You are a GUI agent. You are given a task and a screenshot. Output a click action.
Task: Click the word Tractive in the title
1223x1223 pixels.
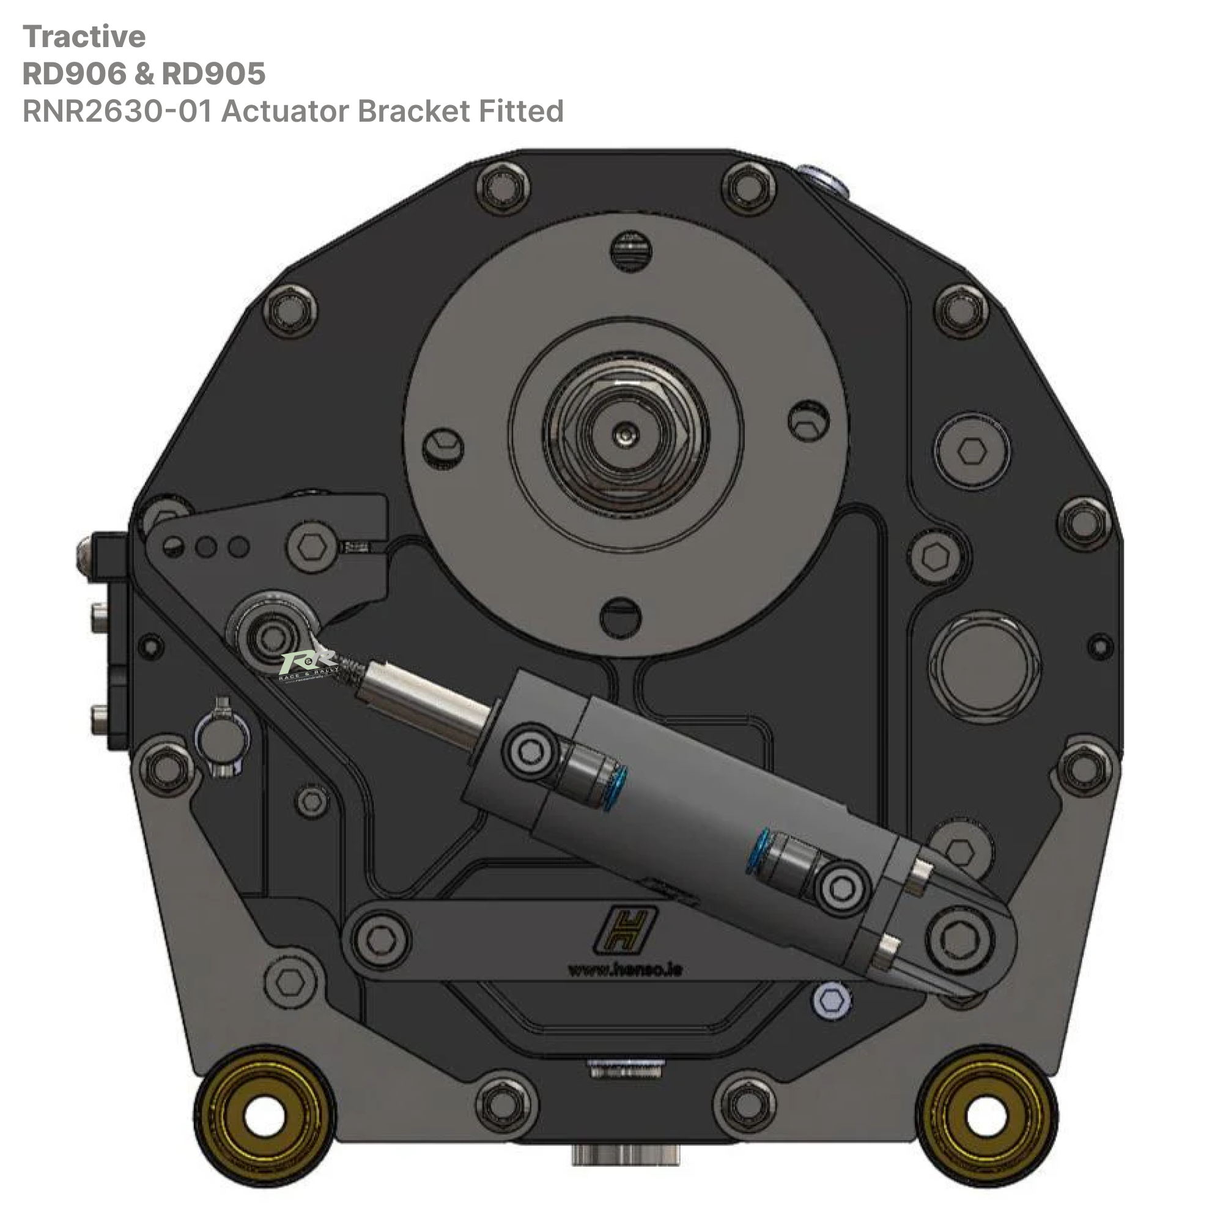(84, 37)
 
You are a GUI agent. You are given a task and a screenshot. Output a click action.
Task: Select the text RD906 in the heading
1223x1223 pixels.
(75, 74)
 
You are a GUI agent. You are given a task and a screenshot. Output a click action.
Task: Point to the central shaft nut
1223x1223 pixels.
(626, 434)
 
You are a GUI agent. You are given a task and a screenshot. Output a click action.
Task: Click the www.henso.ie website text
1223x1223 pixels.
(625, 970)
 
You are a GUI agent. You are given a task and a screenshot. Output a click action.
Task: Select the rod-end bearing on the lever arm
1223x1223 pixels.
(272, 635)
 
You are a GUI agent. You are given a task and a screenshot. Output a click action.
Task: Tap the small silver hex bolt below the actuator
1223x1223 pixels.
(831, 1000)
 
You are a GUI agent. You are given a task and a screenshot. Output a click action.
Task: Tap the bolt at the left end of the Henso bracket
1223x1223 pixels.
(380, 939)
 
